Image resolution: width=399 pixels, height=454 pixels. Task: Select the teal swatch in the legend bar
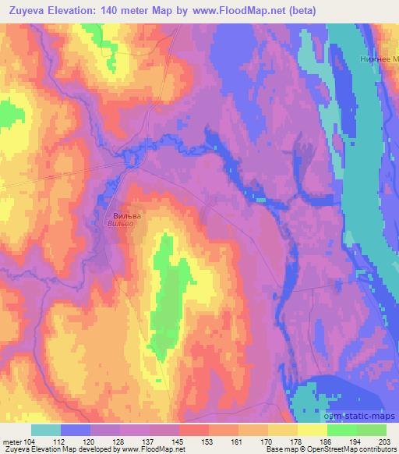46,430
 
